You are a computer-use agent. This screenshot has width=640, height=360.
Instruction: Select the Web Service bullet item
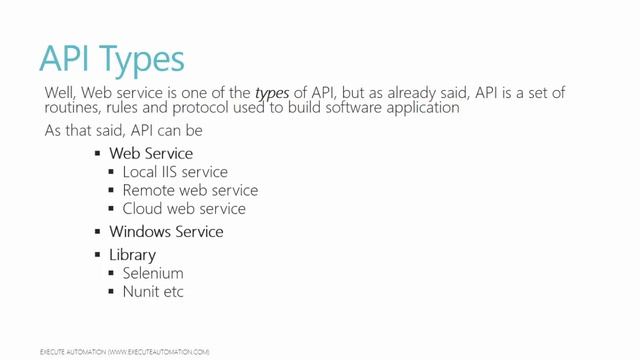coord(151,154)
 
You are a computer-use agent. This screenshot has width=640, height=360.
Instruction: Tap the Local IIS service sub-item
coord(175,172)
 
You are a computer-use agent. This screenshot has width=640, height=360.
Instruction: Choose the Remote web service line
coord(190,190)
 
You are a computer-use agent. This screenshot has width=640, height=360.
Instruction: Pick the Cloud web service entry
coord(184,209)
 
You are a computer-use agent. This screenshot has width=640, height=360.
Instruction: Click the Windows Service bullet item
coord(166,232)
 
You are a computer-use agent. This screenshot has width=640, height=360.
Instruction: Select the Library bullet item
coord(132,255)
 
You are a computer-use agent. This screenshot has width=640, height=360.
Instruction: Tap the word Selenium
coord(153,273)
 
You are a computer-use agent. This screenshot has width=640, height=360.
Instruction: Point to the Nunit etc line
coord(153,291)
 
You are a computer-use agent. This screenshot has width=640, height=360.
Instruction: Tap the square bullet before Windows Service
coord(98,232)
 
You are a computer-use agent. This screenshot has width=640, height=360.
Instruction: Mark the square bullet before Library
coord(98,255)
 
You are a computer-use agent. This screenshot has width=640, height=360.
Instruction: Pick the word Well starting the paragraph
coord(60,92)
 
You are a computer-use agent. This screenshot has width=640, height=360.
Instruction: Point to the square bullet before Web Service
coord(98,154)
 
